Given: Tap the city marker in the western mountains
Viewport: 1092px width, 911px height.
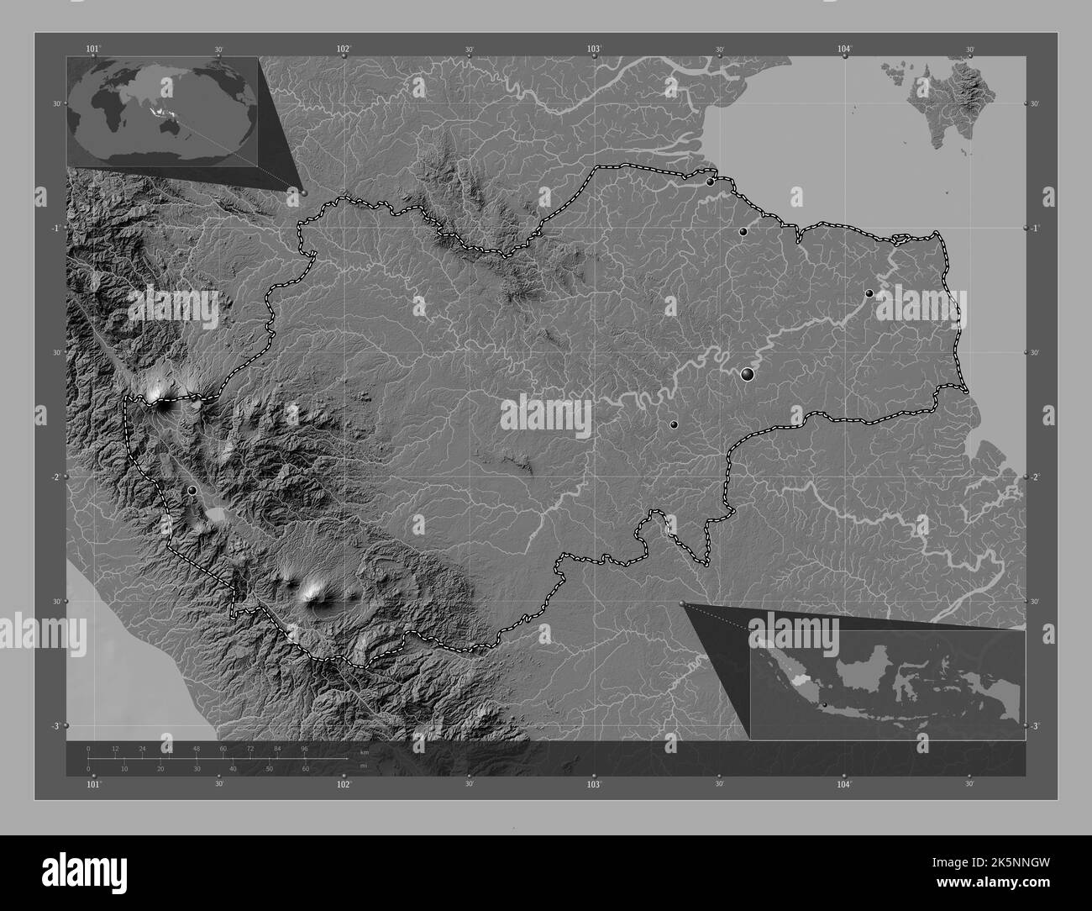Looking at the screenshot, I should [x=192, y=490].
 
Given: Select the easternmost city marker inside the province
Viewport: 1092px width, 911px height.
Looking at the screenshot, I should [x=869, y=293].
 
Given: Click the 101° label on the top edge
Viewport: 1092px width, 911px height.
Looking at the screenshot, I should [x=93, y=50].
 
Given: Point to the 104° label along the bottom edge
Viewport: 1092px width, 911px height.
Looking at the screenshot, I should [x=844, y=784].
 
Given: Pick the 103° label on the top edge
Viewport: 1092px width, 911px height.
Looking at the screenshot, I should [x=595, y=50].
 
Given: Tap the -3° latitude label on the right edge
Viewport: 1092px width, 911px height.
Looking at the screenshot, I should [x=1035, y=725].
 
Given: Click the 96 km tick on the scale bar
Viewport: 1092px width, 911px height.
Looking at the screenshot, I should [x=304, y=748].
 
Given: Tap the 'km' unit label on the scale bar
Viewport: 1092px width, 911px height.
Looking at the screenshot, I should [x=364, y=752].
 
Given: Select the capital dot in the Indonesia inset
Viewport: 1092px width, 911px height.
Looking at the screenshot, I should [x=825, y=704].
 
